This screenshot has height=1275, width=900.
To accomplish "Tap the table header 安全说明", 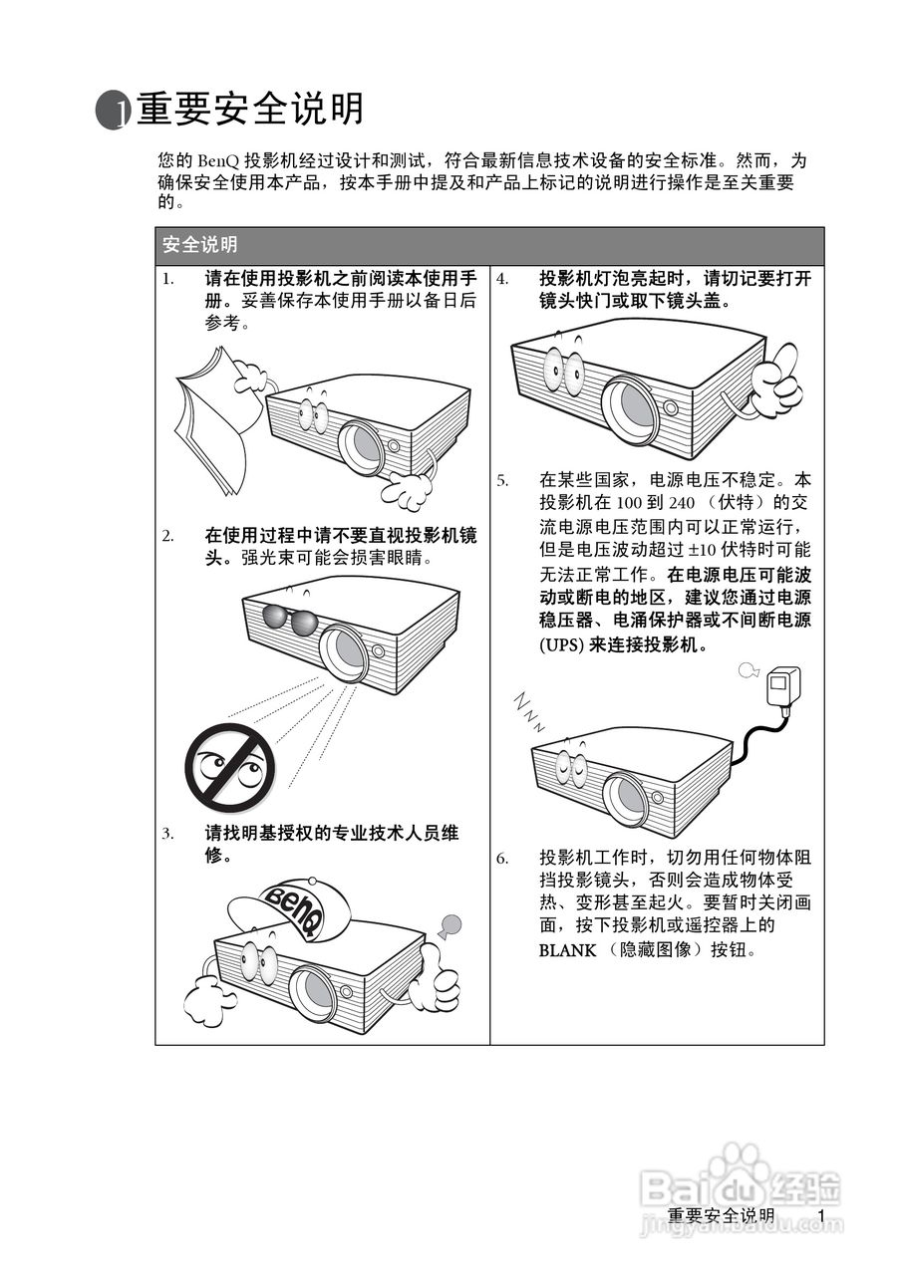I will [x=200, y=245].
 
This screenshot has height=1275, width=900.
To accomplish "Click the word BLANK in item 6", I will [x=566, y=949].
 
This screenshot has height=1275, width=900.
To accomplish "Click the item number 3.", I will [x=168, y=833].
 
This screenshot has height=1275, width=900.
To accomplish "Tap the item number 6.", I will [x=502, y=858].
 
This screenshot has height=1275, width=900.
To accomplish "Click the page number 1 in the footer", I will [x=820, y=1216].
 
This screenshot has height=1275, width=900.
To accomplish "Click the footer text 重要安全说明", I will [x=721, y=1216].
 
